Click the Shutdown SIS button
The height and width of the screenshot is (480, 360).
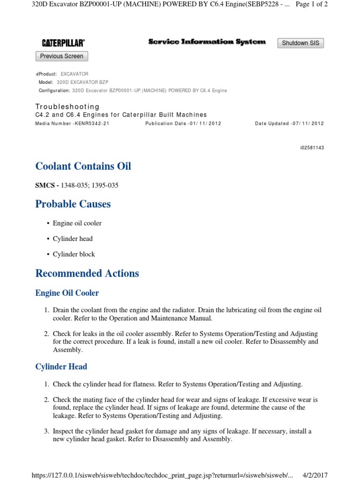point(300,43)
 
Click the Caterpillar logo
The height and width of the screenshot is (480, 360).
point(63,43)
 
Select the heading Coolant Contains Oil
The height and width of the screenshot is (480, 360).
point(83,166)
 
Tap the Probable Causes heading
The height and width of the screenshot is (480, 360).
point(73,204)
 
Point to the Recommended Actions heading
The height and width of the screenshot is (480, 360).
point(87,273)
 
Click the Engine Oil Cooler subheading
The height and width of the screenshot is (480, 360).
point(67,293)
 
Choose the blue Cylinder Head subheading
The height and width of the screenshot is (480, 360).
point(61,367)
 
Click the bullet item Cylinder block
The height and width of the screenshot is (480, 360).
point(74,254)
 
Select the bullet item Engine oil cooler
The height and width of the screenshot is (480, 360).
point(77,223)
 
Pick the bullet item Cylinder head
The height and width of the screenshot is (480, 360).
point(73,239)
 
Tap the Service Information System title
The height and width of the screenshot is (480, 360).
point(207,42)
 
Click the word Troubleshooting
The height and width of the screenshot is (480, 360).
point(67,107)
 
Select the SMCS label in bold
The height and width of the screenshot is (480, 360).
point(46,185)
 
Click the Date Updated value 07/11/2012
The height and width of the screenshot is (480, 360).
point(307,124)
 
